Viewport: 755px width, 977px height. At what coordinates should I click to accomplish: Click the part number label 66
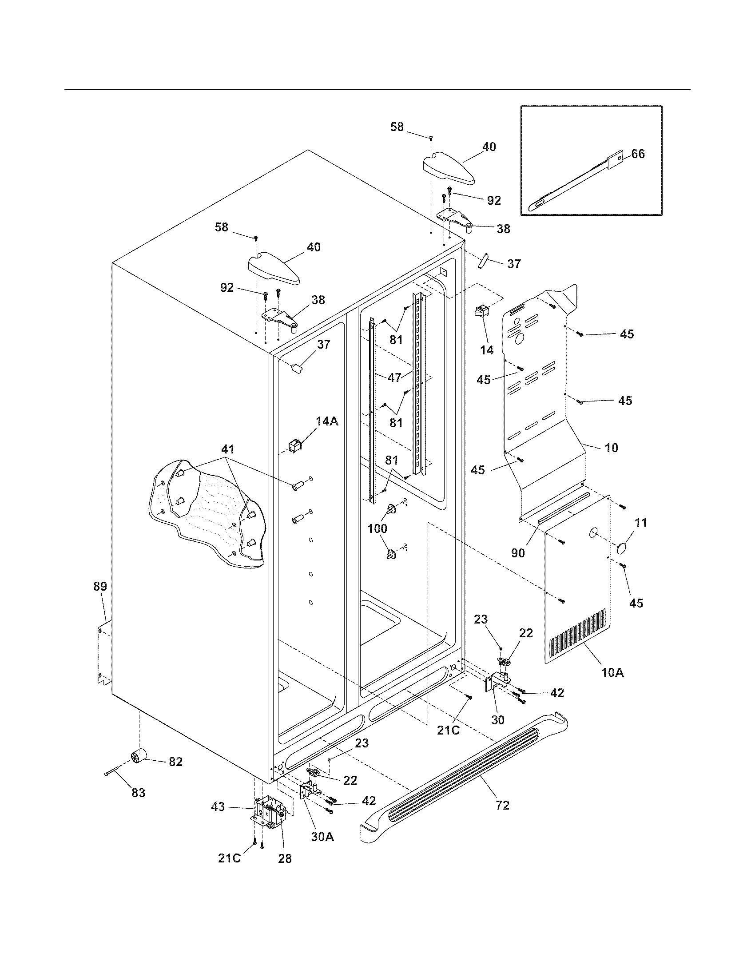click(638, 154)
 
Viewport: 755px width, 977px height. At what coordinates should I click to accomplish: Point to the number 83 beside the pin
click(138, 793)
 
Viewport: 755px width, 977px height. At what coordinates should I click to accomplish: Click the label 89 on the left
click(100, 587)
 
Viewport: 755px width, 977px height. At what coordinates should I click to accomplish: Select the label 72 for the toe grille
click(502, 805)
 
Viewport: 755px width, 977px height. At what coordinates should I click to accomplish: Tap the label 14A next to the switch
click(327, 421)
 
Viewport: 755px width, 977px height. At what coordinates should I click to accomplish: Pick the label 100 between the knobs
click(377, 528)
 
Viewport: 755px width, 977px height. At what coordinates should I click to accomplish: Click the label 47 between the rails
click(394, 377)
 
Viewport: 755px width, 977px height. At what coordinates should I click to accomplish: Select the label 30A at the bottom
click(322, 837)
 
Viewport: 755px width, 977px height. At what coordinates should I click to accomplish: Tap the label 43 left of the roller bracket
click(218, 807)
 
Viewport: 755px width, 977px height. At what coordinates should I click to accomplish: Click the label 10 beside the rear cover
click(612, 447)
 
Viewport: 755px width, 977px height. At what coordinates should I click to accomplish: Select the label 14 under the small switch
click(487, 350)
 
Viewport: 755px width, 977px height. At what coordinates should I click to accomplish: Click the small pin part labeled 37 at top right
click(484, 261)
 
